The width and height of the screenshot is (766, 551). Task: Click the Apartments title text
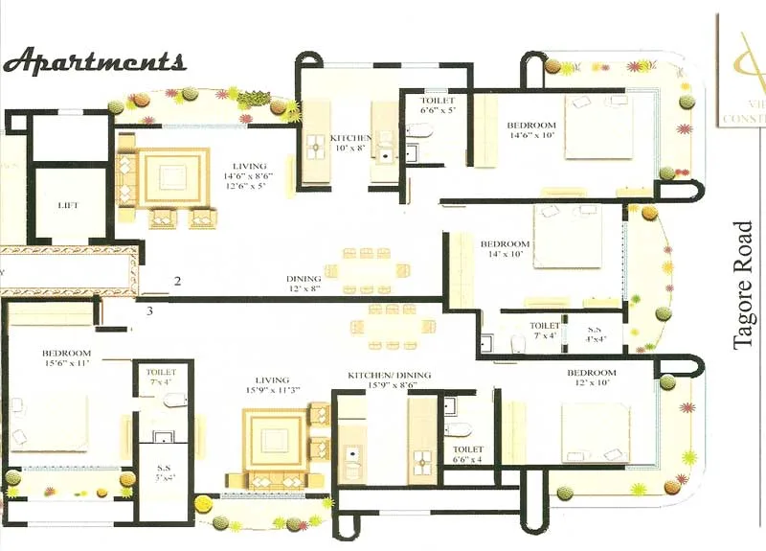(x=94, y=61)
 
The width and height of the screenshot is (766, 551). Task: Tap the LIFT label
(x=68, y=205)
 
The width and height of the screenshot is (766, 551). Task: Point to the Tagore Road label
(x=745, y=286)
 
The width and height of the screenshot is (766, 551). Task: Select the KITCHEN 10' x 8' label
(x=349, y=143)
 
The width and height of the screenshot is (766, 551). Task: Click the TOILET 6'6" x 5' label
(x=437, y=106)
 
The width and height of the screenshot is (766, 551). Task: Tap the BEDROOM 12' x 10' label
(x=591, y=377)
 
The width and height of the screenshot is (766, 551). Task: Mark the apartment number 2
(x=177, y=281)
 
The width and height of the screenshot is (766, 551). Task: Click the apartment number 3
(x=149, y=310)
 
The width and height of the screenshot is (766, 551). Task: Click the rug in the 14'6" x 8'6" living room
(x=173, y=177)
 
